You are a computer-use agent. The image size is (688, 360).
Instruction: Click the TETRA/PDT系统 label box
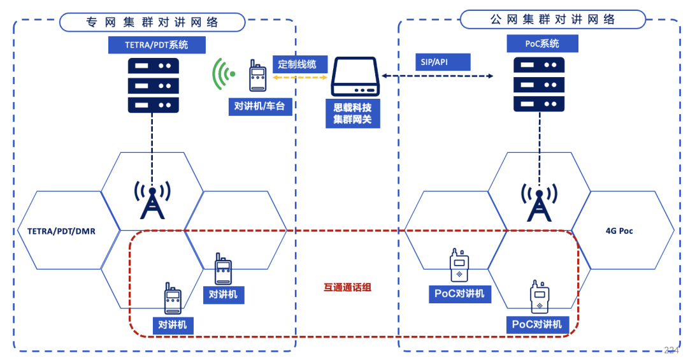click(157, 45)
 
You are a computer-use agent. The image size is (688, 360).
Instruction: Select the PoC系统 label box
click(542, 43)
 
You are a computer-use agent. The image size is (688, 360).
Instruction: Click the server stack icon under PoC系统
click(539, 85)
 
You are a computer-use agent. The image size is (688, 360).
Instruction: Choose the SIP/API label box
click(442, 62)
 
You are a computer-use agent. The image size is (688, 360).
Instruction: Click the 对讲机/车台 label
click(261, 106)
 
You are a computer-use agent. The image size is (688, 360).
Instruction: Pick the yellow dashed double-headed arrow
click(300, 77)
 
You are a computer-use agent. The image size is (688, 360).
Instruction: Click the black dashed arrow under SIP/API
click(438, 76)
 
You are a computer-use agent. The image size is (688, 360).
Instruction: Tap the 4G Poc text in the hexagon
click(619, 231)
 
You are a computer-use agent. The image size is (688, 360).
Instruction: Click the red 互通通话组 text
click(347, 287)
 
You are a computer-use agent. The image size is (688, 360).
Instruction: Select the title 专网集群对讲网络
click(152, 22)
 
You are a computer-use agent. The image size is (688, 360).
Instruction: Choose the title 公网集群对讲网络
click(552, 20)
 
